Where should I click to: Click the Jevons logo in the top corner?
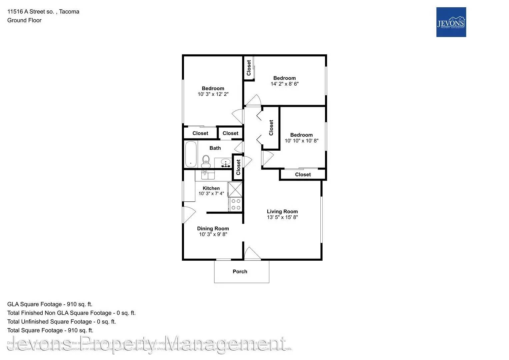pyautogui.click(x=451, y=22)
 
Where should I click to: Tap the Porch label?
pyautogui.click(x=240, y=271)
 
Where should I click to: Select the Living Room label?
pyautogui.click(x=282, y=211)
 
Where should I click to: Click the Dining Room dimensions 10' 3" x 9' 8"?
pyautogui.click(x=213, y=234)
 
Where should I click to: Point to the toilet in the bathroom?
pyautogui.click(x=206, y=161)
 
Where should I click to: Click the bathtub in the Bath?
pyautogui.click(x=191, y=154)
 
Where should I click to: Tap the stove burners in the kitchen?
pyautogui.click(x=236, y=204)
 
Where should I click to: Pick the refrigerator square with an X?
pyautogui.click(x=235, y=189)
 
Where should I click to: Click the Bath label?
pyautogui.click(x=215, y=148)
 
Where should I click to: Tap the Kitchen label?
pyautogui.click(x=211, y=188)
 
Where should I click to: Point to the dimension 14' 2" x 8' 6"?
pyautogui.click(x=284, y=84)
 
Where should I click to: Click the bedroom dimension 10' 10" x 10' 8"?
pyautogui.click(x=301, y=141)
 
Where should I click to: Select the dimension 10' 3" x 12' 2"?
pyautogui.click(x=213, y=94)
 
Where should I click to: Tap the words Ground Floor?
pyautogui.click(x=24, y=20)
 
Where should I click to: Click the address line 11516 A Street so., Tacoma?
pyautogui.click(x=43, y=12)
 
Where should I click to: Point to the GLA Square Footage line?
pyautogui.click(x=50, y=304)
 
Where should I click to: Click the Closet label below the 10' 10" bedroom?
pyautogui.click(x=303, y=174)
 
